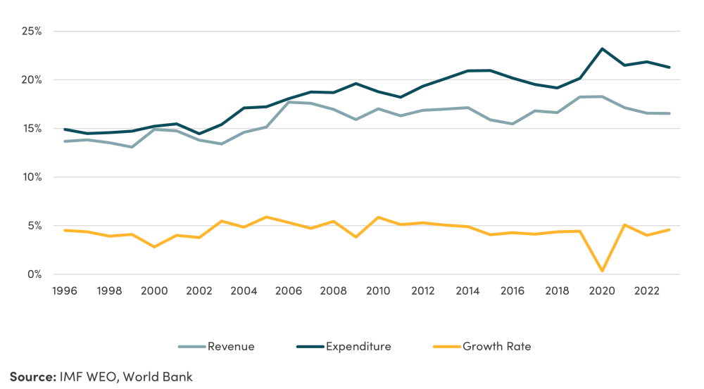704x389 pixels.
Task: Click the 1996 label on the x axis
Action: click(65, 291)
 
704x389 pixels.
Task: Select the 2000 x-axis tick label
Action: click(154, 291)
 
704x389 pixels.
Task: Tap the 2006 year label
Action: click(288, 291)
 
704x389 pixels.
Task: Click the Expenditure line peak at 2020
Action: click(603, 49)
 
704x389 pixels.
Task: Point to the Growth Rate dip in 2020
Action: click(603, 271)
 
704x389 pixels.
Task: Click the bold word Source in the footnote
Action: click(32, 376)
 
